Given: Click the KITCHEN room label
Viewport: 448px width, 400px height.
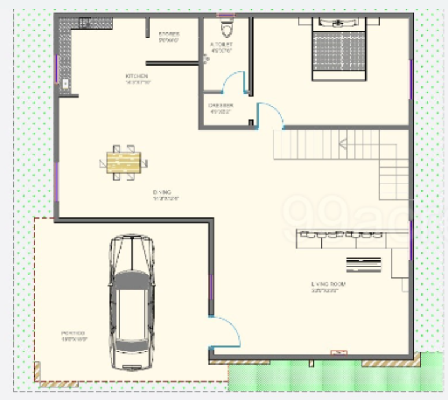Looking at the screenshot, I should tap(137, 77).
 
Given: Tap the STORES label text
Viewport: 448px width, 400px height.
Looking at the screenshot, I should tap(169, 34).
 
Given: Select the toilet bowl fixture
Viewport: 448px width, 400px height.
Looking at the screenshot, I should tap(226, 28).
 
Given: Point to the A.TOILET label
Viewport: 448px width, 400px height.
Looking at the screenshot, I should tap(221, 45).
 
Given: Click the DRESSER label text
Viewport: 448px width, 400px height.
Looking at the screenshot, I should tap(221, 106).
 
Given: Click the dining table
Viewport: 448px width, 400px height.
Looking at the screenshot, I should tap(124, 162).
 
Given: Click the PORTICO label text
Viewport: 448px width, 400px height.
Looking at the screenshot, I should tap(74, 333).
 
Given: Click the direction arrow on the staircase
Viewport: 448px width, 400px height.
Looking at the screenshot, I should tap(343, 143).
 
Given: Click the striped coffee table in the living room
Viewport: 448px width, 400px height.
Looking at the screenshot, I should tap(363, 264).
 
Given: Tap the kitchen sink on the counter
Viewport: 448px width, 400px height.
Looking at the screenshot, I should tap(65, 85).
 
